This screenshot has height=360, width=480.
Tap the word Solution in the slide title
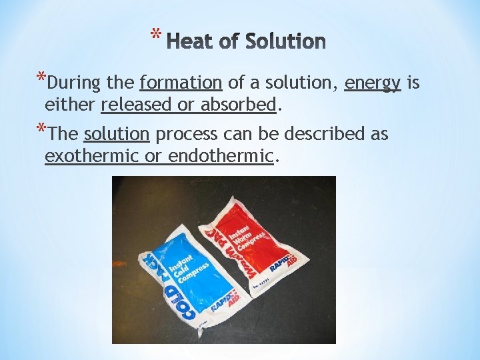[285, 42]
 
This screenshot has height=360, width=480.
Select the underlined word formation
[181, 83]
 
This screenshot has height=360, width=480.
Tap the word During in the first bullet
[74, 83]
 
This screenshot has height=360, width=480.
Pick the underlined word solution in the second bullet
[117, 134]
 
